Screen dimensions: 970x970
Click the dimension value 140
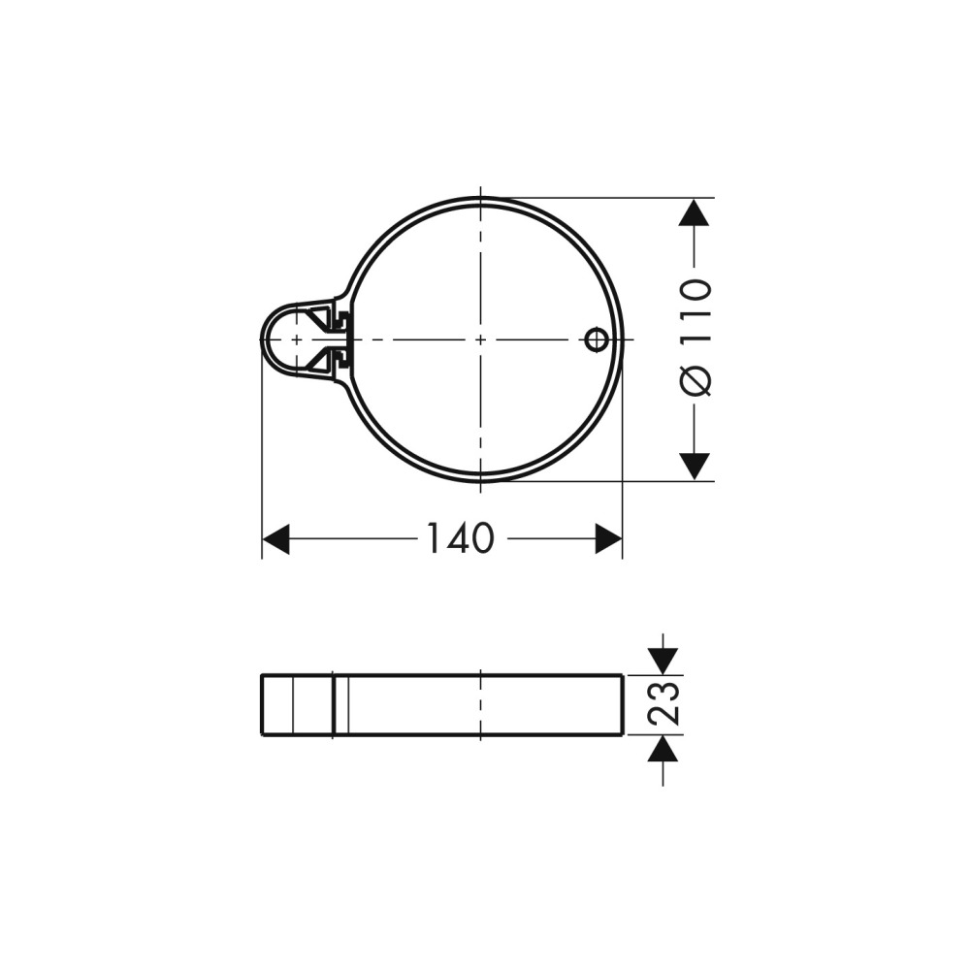[459, 538]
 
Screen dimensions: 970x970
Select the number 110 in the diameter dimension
[695, 308]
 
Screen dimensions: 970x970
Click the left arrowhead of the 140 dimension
[275, 539]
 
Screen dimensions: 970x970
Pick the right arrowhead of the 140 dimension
[608, 539]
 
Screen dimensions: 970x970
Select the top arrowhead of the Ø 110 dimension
[694, 212]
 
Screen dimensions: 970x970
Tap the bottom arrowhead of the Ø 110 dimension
[694, 466]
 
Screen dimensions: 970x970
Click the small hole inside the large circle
[596, 339]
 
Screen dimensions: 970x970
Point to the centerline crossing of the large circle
[481, 339]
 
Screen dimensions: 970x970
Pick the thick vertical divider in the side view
[334, 705]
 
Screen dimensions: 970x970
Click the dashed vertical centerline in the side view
[481, 705]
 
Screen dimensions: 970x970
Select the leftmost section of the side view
[277, 705]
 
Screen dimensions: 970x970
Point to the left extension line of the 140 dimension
[263, 456]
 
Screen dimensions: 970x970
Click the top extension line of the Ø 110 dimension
[601, 197]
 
